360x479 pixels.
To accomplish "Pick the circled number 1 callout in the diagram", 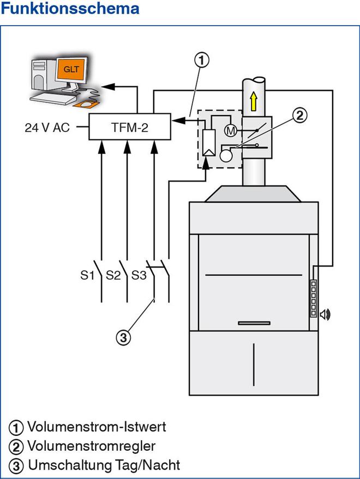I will (x=201, y=60).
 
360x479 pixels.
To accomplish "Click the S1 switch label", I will (x=88, y=275).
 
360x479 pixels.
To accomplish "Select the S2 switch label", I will (x=113, y=275).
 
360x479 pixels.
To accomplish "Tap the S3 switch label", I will (x=139, y=275).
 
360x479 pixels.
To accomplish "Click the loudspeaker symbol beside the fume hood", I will (x=325, y=314).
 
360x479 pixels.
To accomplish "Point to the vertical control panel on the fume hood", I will (x=313, y=298).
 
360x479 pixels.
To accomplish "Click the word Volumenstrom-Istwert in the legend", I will (x=97, y=426).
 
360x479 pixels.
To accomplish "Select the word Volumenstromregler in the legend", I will (x=91, y=446).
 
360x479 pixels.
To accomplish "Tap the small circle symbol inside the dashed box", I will (x=225, y=155).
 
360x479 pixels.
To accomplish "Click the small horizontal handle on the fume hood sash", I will (x=254, y=323).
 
